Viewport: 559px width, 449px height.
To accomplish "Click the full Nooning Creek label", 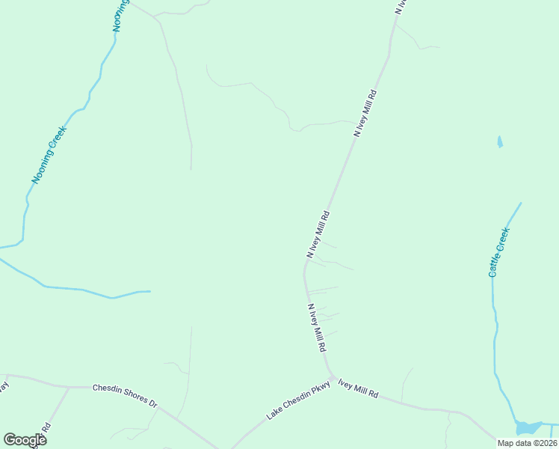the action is point(49,155).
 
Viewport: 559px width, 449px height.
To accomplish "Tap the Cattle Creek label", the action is point(498,252).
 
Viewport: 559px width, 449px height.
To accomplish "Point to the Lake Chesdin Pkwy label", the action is point(299,403).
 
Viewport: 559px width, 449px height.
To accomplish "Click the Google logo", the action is point(25,440).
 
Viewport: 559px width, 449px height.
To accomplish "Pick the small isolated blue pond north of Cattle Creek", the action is point(499,141).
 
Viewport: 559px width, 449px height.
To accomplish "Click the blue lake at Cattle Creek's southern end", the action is point(528,427).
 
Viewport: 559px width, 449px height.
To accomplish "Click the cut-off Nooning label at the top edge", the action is point(120,15).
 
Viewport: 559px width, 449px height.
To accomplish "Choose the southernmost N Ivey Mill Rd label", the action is point(317,328).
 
